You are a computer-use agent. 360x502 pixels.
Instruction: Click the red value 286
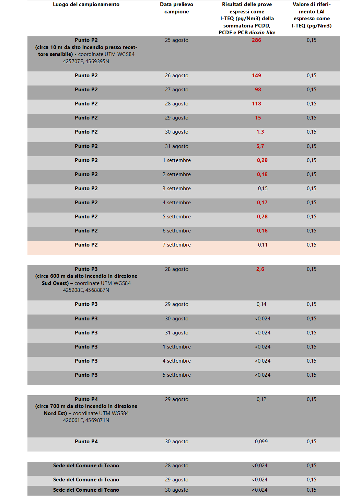point(256,40)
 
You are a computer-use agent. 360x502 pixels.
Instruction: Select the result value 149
point(256,76)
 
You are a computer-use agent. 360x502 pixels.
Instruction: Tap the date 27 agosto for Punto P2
point(176,90)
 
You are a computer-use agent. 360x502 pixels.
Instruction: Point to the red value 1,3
point(260,132)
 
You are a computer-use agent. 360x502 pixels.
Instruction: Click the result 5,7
point(260,146)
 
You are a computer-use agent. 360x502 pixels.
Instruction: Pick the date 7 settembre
point(176,245)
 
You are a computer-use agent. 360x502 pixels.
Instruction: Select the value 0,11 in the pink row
point(263,245)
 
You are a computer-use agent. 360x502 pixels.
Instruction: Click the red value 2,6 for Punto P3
point(260,269)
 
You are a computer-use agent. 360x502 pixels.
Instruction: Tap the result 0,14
point(262,304)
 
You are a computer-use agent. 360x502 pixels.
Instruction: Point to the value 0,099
point(261,442)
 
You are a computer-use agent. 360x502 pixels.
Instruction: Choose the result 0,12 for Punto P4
point(262,399)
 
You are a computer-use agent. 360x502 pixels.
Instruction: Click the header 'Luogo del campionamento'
point(86,4)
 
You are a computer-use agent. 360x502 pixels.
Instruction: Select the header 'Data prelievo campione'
point(176,8)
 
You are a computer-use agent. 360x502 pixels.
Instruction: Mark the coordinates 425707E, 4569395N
point(86,61)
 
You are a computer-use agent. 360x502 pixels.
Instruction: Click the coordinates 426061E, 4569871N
point(86,420)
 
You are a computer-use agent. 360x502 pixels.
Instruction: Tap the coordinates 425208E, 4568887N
point(86,290)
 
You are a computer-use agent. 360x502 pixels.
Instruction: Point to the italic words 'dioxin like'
point(262,33)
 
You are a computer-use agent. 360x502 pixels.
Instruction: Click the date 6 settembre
point(176,231)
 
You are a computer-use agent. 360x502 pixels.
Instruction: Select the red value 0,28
point(262,217)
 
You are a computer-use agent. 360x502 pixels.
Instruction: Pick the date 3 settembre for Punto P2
point(176,189)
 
